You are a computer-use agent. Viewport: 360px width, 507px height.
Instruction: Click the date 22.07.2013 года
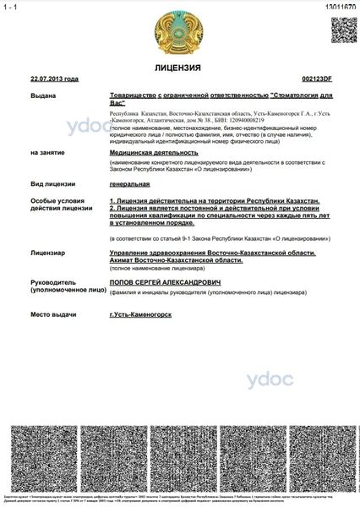point(54,79)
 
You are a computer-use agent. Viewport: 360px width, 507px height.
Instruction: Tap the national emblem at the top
point(178,31)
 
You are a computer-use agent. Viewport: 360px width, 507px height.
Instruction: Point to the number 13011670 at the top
point(340,6)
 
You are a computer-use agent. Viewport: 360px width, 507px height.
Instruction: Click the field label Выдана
point(43,95)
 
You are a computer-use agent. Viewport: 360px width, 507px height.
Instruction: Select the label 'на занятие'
point(47,153)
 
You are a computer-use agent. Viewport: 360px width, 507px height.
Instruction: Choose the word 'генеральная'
point(129,183)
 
